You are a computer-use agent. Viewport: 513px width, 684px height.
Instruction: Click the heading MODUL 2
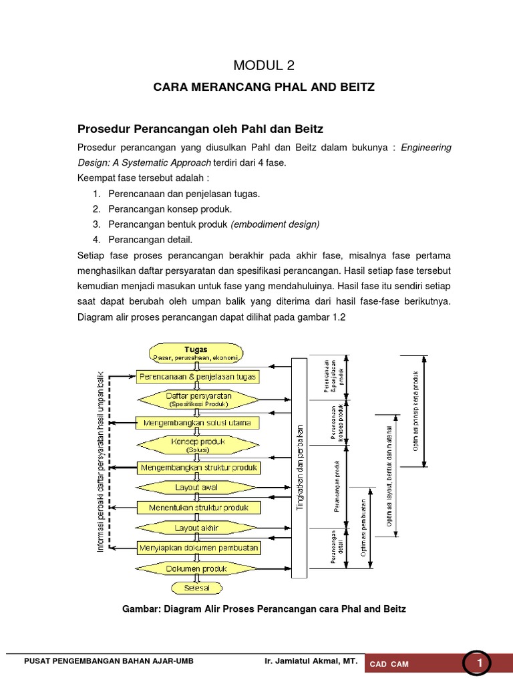tap(263, 65)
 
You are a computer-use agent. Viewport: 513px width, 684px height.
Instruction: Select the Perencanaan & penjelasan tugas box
tap(197, 377)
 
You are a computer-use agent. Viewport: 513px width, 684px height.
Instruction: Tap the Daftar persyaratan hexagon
tap(198, 399)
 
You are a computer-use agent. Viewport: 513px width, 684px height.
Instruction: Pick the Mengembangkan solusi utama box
tap(197, 422)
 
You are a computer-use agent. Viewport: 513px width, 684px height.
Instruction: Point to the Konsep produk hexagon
tap(198, 444)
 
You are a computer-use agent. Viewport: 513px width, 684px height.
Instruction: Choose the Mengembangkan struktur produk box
tap(198, 468)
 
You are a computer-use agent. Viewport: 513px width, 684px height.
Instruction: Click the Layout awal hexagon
tap(197, 488)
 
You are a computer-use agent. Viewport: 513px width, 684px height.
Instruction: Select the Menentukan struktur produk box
tap(197, 508)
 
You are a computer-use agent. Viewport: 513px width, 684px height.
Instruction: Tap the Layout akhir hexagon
tap(197, 528)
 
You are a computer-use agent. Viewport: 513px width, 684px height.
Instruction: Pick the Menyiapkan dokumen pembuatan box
tap(198, 548)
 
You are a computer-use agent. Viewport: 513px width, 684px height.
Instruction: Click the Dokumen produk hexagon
tap(197, 569)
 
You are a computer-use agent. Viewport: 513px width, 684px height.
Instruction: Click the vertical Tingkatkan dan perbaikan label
tap(299, 468)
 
